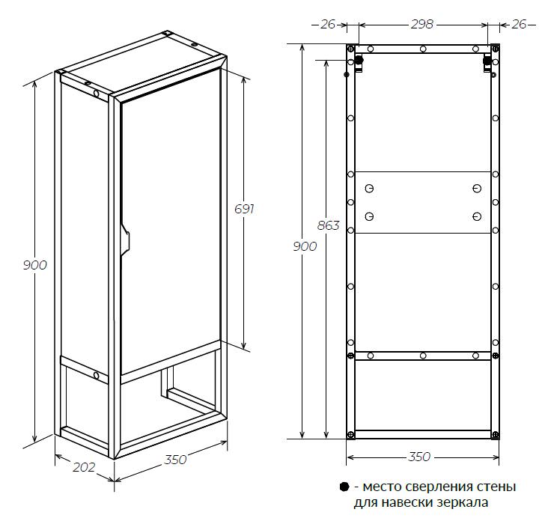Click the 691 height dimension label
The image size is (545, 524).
[x=244, y=209]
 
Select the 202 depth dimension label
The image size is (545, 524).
[x=84, y=467]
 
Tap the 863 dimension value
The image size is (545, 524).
[x=328, y=226]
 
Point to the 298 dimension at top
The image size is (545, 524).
[x=422, y=24]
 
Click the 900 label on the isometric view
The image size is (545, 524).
[x=34, y=265]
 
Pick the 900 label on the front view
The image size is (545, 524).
[x=305, y=246]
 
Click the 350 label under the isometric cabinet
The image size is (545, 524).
[x=175, y=460]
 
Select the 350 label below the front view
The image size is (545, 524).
[x=419, y=457]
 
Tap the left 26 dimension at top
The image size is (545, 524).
[x=328, y=24]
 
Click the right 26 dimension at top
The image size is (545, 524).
[x=520, y=24]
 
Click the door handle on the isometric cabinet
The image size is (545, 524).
[x=125, y=239]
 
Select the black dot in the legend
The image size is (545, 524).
[x=344, y=487]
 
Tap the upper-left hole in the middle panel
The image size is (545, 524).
[x=369, y=189]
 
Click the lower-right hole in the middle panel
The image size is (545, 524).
[x=477, y=217]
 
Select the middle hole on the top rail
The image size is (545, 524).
[x=423, y=49]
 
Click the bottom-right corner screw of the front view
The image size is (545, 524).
[x=496, y=435]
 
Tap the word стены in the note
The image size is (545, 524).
[x=497, y=487]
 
